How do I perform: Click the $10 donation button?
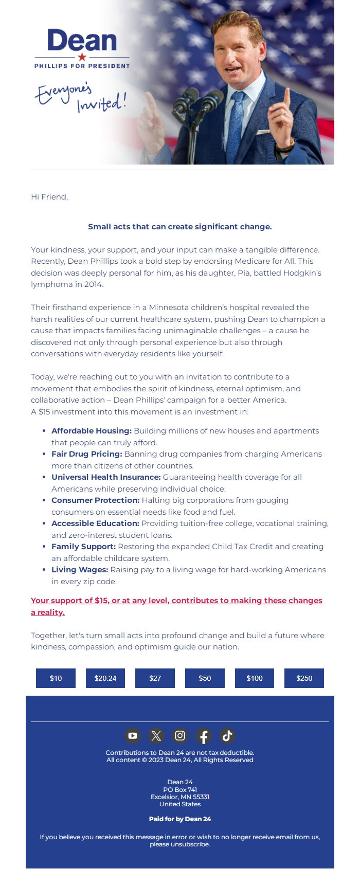point(56,678)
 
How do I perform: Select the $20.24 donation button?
point(105,678)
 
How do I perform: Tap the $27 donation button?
point(155,678)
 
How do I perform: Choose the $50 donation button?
point(205,678)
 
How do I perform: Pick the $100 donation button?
point(255,678)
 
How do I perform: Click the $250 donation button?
point(304,678)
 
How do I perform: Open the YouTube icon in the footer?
point(133,736)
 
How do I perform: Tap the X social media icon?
point(156,736)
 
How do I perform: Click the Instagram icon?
point(180,736)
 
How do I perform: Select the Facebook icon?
point(204,736)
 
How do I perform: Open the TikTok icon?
point(227,736)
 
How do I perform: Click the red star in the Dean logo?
point(82,57)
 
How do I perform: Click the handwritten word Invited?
point(101,103)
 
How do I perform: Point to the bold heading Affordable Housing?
point(92,431)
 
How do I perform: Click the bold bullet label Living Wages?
point(80,570)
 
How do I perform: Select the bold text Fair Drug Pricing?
point(86,454)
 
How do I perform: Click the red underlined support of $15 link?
point(176,601)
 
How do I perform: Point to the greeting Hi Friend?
point(49,197)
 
